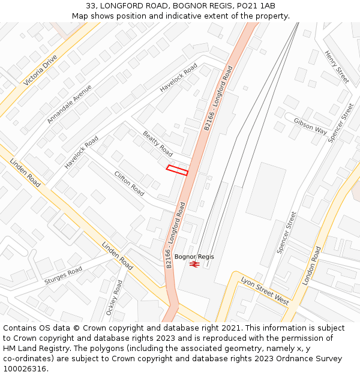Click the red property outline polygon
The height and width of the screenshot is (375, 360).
(177, 170)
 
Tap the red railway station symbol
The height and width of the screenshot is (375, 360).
(194, 264)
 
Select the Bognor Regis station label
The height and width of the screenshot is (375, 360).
(194, 257)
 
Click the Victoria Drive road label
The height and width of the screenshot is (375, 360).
(41, 70)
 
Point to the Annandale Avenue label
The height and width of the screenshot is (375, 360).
(70, 104)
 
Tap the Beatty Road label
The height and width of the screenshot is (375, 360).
(157, 144)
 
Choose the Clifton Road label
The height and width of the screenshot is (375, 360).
(129, 184)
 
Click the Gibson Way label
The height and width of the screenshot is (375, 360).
(310, 126)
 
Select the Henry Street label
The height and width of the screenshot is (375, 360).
(337, 66)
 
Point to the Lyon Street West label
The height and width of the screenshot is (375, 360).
(265, 290)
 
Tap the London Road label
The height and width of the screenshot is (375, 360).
(312, 265)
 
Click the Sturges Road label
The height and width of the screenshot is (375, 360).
(63, 276)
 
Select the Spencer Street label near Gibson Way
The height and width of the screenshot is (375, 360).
(341, 123)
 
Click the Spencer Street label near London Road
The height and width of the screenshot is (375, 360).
(287, 232)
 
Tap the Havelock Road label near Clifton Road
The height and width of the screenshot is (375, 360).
(82, 152)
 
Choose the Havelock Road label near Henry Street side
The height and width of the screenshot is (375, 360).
(178, 78)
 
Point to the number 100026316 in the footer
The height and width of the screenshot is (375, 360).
(24, 369)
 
